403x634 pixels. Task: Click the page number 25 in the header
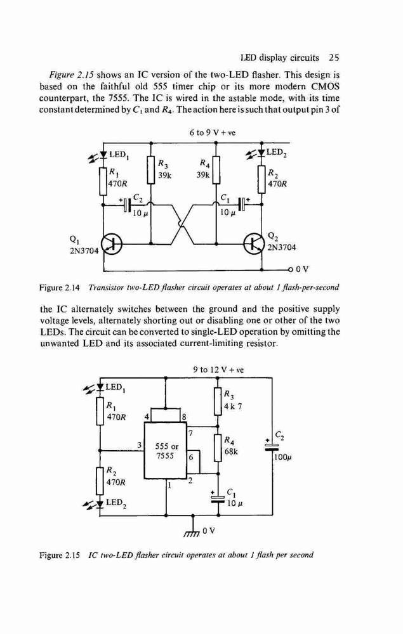pos(334,58)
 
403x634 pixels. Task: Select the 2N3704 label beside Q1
pos(84,250)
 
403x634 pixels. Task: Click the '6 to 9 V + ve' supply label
pos(213,133)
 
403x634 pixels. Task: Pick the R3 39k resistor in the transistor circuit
pos(151,171)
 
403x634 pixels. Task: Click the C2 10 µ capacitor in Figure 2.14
pos(127,204)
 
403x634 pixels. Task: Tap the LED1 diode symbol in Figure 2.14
pos(103,154)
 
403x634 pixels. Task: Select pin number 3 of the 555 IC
pos(140,445)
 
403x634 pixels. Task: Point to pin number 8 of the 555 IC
pos(183,417)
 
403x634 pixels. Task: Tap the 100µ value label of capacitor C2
pos(283,458)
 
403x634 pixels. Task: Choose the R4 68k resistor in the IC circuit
pos(218,448)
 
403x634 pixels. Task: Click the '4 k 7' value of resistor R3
pos(234,406)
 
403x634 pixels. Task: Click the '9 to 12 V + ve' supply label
pos(218,370)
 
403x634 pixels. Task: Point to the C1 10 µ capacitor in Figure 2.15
pos(218,497)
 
